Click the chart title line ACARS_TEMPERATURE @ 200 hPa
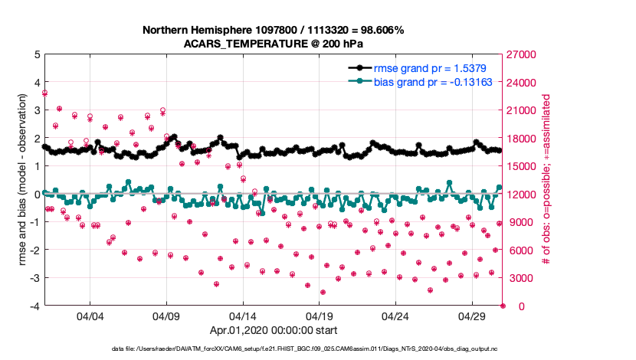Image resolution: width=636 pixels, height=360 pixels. pyautogui.click(x=273, y=44)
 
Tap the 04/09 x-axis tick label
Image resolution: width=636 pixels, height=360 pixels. pyautogui.click(x=166, y=316)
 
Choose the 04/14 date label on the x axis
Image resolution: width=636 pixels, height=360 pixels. pyautogui.click(x=243, y=316)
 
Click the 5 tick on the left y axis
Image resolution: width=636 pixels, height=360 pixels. pyautogui.click(x=35, y=54)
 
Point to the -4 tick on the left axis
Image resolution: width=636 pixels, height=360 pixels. pyautogui.click(x=34, y=306)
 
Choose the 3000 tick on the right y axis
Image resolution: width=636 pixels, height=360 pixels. pyautogui.click(x=519, y=278)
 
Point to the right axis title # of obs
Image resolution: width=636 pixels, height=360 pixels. pyautogui.click(x=546, y=180)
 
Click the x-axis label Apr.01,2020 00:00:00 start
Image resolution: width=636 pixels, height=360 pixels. pyautogui.click(x=273, y=332)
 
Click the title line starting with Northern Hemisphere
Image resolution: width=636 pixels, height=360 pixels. pyautogui.click(x=273, y=30)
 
